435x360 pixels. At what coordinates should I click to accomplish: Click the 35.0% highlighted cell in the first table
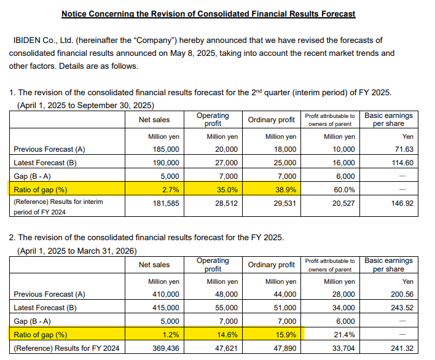pyautogui.click(x=227, y=190)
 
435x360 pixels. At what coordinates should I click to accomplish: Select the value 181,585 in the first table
pyautogui.click(x=167, y=203)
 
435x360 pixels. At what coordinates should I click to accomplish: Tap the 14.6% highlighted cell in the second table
pyautogui.click(x=227, y=335)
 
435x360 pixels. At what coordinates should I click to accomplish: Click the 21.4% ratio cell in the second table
pyautogui.click(x=344, y=335)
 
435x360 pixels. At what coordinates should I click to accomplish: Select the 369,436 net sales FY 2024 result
pyautogui.click(x=167, y=348)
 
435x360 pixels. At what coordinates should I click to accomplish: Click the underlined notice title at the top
pyautogui.click(x=208, y=14)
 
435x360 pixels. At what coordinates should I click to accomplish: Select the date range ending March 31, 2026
pyautogui.click(x=77, y=251)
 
